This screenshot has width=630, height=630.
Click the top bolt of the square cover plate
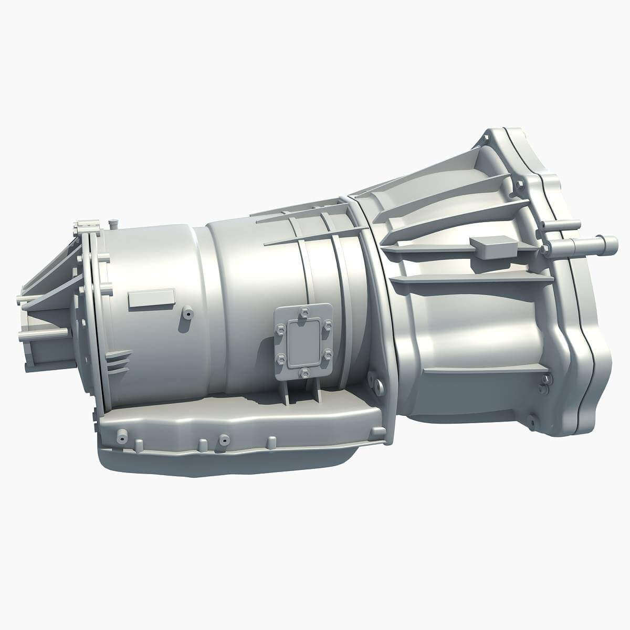303,314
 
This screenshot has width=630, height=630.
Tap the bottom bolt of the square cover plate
304,373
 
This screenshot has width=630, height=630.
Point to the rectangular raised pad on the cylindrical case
152,298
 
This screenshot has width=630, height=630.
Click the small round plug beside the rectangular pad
187,314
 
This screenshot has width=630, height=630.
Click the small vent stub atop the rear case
111,225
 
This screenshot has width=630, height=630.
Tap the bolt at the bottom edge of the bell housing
531,421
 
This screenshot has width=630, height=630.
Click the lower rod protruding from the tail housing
45,334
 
